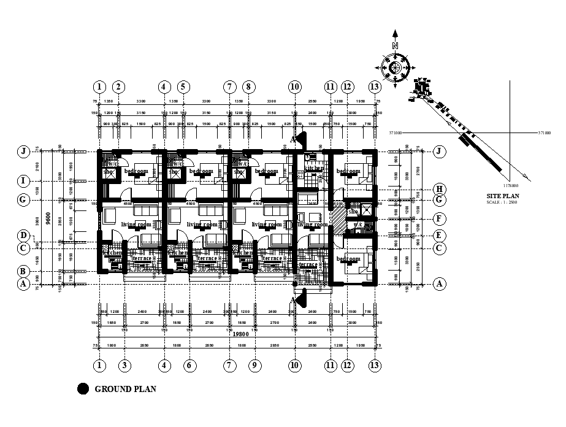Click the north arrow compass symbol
(x=396, y=66)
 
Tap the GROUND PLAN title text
(x=125, y=388)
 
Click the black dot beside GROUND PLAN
(x=83, y=388)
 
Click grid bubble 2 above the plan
(x=119, y=87)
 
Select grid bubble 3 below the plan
(x=124, y=366)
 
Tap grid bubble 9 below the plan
(x=254, y=366)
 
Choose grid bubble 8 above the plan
(x=248, y=87)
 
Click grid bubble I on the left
(x=24, y=181)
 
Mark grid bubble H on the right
(x=438, y=189)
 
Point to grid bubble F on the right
(x=438, y=218)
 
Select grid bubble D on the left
(x=24, y=236)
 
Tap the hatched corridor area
(x=337, y=216)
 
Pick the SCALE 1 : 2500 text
(x=502, y=202)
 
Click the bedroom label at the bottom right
(x=348, y=260)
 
